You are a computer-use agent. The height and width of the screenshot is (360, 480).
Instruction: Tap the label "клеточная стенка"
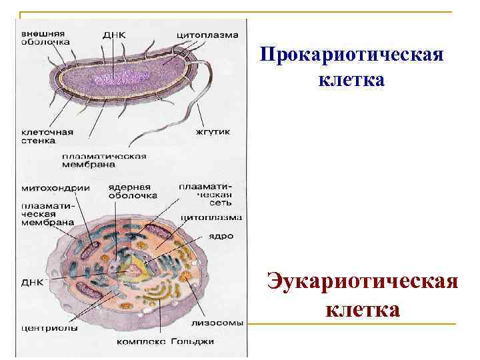click(x=47, y=136)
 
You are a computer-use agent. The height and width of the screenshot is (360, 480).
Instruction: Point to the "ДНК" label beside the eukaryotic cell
click(x=33, y=282)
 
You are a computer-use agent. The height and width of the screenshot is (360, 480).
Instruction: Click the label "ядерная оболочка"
click(x=132, y=191)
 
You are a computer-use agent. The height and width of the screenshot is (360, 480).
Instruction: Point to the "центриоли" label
click(x=49, y=328)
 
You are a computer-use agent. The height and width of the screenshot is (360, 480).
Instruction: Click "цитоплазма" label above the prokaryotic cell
click(x=207, y=34)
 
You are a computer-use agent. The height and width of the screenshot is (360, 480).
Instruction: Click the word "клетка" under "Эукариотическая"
click(x=363, y=310)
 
